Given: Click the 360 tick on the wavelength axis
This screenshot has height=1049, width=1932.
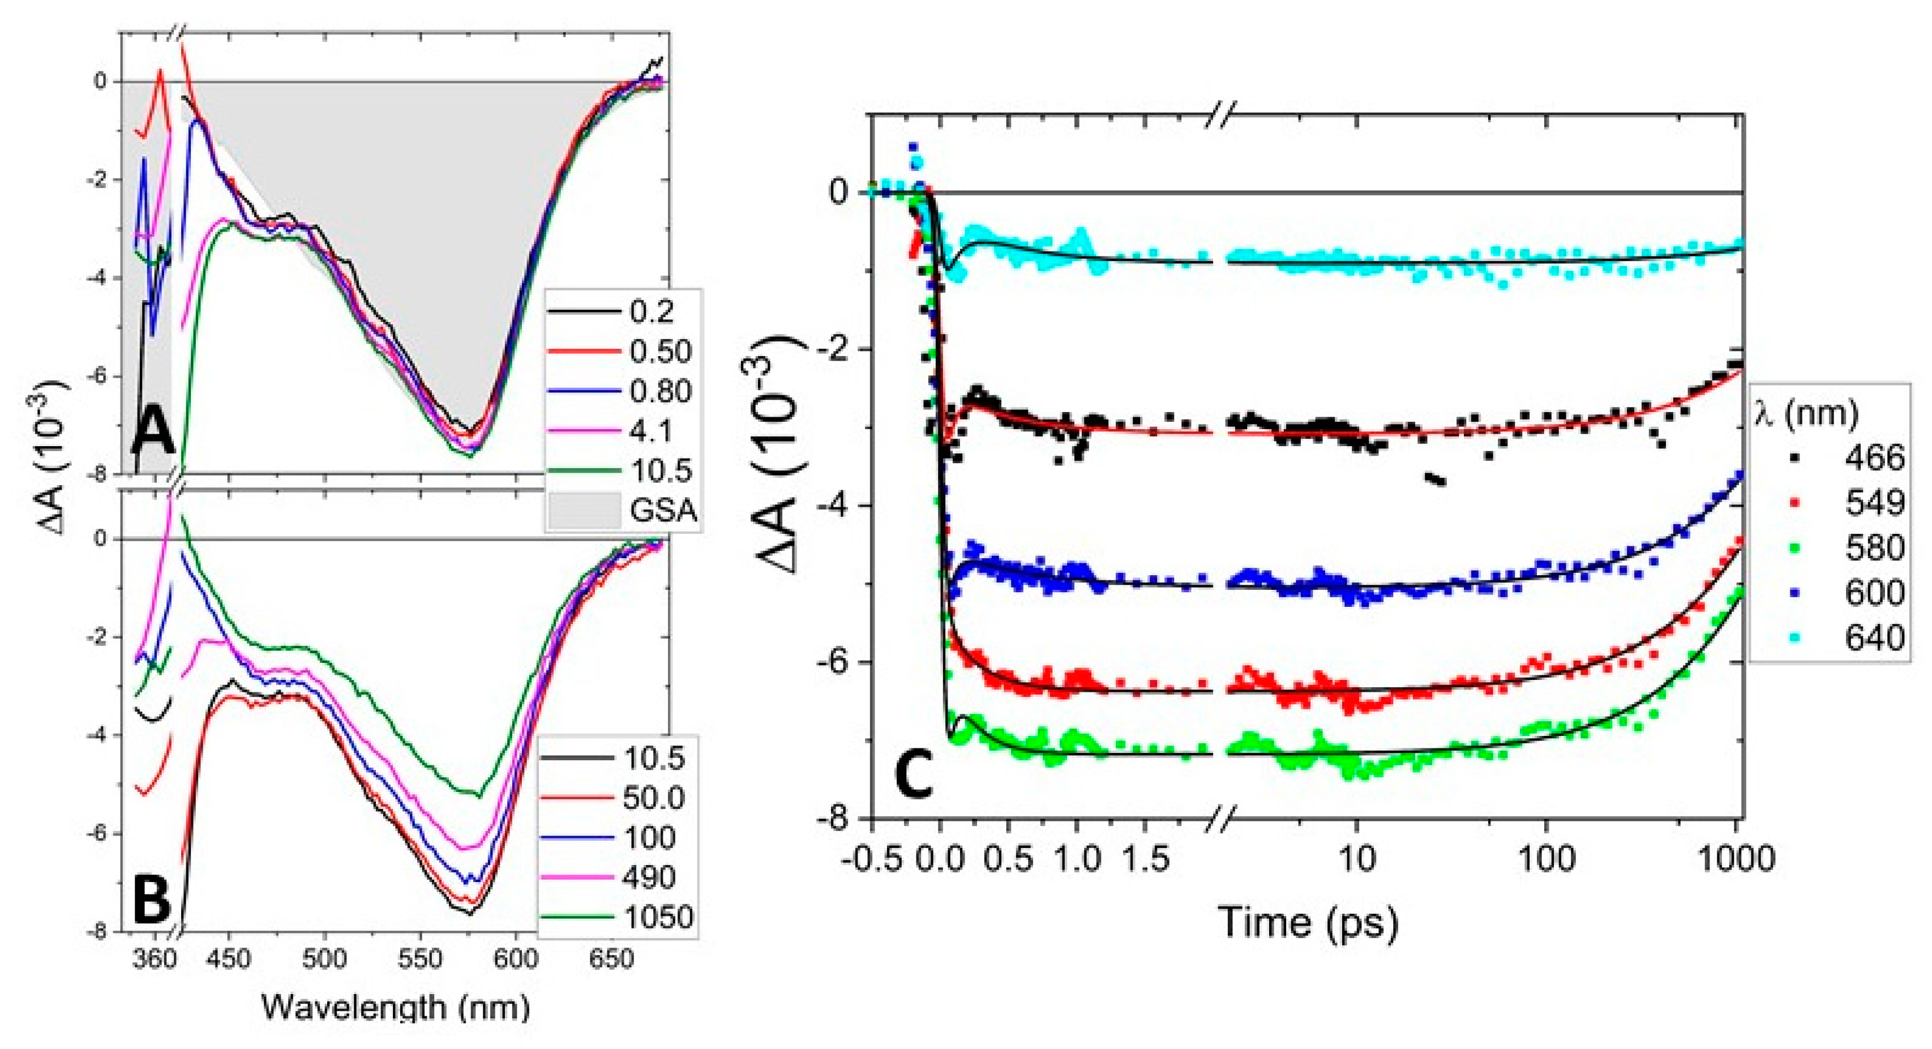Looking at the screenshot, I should point(155,960).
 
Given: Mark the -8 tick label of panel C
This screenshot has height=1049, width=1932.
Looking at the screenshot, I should point(835,819).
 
